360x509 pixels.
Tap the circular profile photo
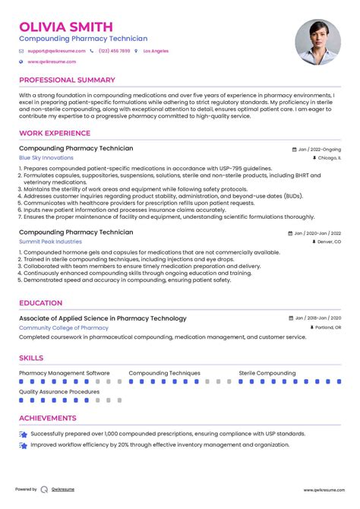click(317, 41)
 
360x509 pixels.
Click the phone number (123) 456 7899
click(114, 51)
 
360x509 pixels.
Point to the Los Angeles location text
click(155, 51)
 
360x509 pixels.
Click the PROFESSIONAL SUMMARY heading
click(67, 80)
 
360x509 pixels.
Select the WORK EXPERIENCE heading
click(54, 133)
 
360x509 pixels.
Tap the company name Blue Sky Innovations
click(46, 157)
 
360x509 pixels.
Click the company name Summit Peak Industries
click(50, 241)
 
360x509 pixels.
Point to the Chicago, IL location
click(329, 158)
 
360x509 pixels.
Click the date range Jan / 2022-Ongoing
click(318, 150)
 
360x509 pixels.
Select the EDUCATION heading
click(41, 302)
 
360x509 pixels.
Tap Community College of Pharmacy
click(64, 327)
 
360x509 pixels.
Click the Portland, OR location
click(327, 327)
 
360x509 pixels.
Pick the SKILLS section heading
click(31, 358)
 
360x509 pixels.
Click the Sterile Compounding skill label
click(267, 374)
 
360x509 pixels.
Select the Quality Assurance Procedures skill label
click(59, 392)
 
